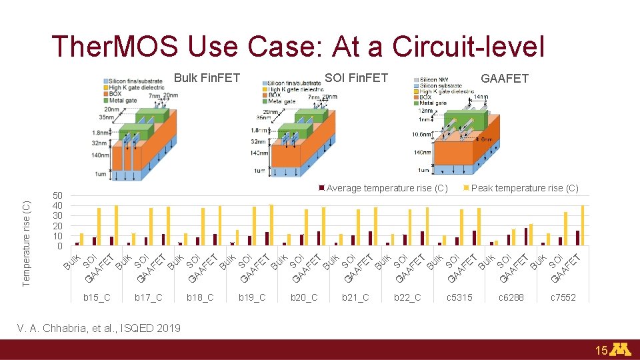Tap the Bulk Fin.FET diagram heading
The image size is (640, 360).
click(207, 78)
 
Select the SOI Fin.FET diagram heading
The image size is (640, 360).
click(356, 78)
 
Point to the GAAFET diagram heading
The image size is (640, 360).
click(504, 79)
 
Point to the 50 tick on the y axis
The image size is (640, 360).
click(58, 195)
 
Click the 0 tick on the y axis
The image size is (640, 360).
click(60, 246)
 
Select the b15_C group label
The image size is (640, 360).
click(97, 297)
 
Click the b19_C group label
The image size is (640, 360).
click(252, 297)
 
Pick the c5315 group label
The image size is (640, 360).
click(459, 297)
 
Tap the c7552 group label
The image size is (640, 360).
click(563, 297)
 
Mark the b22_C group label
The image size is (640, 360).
click(407, 297)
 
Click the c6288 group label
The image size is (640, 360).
click(511, 297)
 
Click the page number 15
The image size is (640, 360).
click(601, 350)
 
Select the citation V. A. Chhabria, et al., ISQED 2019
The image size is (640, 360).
click(99, 328)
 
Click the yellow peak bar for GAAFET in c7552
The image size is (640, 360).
click(582, 225)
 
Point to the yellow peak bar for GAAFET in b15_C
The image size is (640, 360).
click(116, 225)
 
